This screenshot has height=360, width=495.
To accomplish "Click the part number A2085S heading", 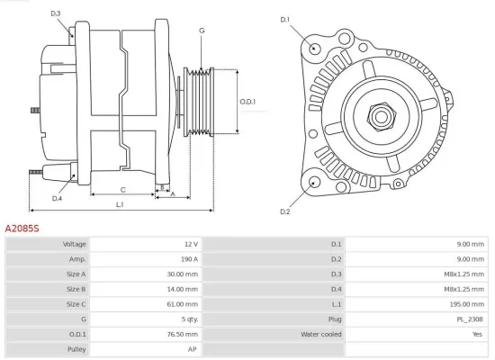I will pyautogui.click(x=22, y=229).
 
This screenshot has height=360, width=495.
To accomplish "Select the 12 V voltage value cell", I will pyautogui.click(x=190, y=245).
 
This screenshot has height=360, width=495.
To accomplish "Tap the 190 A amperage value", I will pyautogui.click(x=188, y=259).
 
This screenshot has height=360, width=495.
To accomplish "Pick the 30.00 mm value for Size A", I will pyautogui.click(x=183, y=274).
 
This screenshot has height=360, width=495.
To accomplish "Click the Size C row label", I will pyautogui.click(x=75, y=304).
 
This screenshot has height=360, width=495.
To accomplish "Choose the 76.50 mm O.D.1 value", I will pyautogui.click(x=183, y=334).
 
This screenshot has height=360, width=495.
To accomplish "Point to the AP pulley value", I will pyautogui.click(x=192, y=349).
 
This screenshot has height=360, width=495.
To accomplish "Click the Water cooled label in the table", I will pyautogui.click(x=320, y=334).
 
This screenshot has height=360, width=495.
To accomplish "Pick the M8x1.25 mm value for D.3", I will pyautogui.click(x=464, y=274).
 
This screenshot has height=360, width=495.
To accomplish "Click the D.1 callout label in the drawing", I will pyautogui.click(x=285, y=19).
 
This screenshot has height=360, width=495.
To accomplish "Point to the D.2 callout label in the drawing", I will pyautogui.click(x=285, y=211).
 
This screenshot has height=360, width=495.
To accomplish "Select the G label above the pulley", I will pyautogui.click(x=202, y=31).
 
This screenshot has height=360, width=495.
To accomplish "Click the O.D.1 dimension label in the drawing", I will pyautogui.click(x=247, y=102).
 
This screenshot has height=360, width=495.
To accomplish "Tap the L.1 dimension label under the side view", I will pyautogui.click(x=120, y=205).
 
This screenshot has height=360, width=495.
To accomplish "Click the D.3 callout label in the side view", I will pyautogui.click(x=56, y=13).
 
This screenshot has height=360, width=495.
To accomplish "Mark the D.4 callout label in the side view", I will pyautogui.click(x=57, y=198).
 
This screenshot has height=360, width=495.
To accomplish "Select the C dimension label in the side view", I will pyautogui.click(x=122, y=189).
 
